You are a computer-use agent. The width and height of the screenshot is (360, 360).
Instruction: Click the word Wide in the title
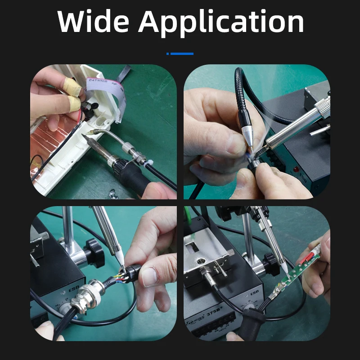tap(92, 21)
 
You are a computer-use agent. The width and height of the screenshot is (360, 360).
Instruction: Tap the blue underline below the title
tap(180, 54)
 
